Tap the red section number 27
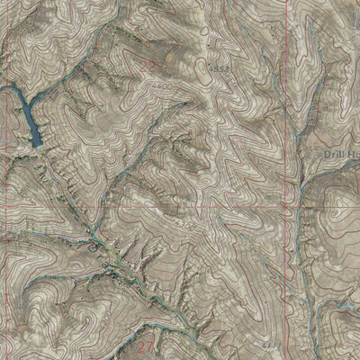pos(147,344)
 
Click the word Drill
pos(340,152)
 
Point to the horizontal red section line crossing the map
pos(180,206)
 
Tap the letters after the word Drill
pos(355,153)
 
